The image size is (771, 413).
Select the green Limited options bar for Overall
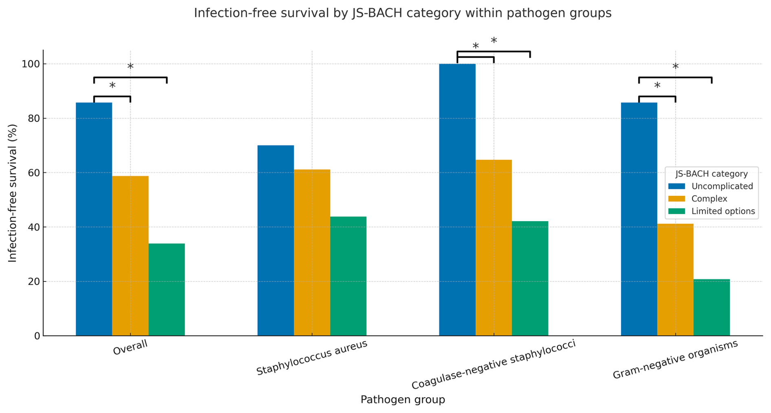[x=166, y=290]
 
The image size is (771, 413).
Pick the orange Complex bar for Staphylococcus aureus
[x=312, y=253]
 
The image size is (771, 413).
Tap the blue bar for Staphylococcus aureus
[x=275, y=240]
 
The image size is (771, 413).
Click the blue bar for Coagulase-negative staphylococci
[x=457, y=200]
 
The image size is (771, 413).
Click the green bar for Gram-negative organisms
[x=712, y=307]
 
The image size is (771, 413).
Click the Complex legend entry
[x=709, y=199]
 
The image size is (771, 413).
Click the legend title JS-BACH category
[x=712, y=174]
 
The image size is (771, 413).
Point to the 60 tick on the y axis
[x=34, y=173]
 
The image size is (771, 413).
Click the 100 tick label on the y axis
[x=32, y=64]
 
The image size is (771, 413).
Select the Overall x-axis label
[x=130, y=348]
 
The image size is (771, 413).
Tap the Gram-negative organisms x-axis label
[x=675, y=359]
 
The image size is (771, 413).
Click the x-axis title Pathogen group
[x=403, y=400]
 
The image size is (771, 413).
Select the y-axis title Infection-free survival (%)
[x=13, y=193]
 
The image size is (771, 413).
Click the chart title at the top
[x=403, y=13]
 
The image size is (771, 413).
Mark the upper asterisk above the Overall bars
[x=130, y=66]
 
